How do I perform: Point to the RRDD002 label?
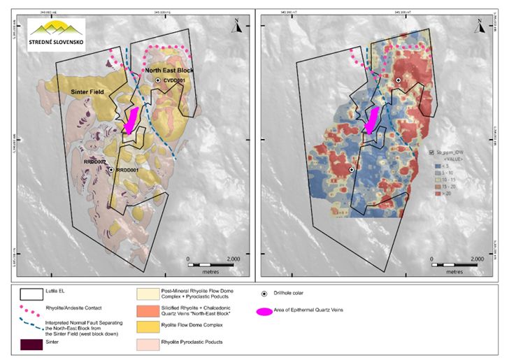94,162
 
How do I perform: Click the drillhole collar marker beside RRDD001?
111,169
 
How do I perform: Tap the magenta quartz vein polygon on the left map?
130,120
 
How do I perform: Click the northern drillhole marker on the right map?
398,81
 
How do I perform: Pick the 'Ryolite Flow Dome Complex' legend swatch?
150,326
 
